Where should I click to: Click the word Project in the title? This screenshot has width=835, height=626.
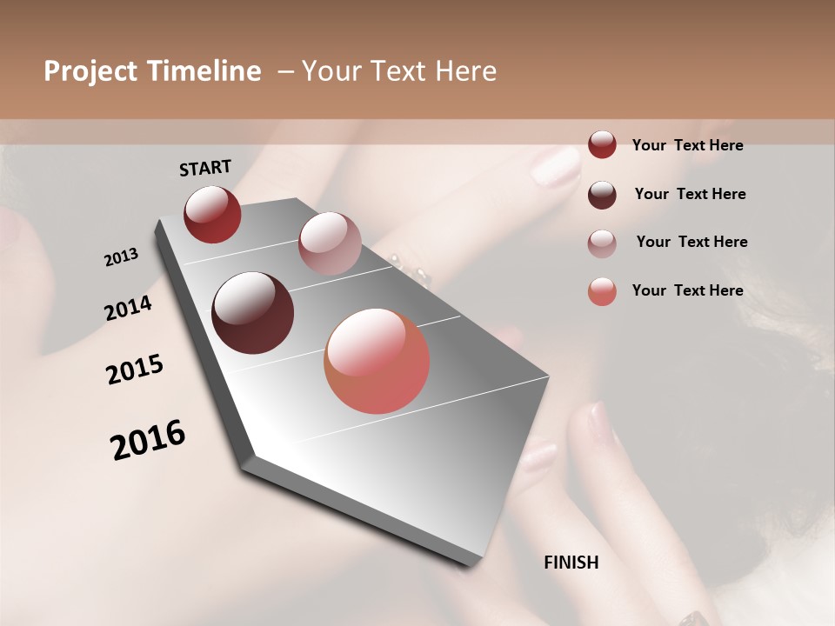tap(90, 72)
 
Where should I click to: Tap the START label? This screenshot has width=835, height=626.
tap(205, 168)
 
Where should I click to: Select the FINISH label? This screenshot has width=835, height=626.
tap(571, 563)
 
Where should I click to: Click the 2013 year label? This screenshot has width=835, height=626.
tap(121, 257)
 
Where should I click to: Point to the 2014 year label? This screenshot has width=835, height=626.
tap(128, 308)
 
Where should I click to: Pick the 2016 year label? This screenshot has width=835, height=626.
tap(148, 440)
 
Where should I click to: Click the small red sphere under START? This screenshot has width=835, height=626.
tap(212, 214)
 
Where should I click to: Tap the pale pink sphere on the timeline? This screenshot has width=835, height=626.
tap(330, 243)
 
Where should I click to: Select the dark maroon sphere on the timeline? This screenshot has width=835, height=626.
tap(253, 313)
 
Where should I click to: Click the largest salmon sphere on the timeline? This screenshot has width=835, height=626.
tap(377, 361)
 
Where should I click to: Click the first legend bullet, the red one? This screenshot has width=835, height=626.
tap(602, 144)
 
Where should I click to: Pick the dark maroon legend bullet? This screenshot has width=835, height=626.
tap(602, 194)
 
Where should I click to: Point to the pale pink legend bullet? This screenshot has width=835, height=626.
tap(602, 243)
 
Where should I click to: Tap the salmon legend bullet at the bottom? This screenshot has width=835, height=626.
tap(602, 291)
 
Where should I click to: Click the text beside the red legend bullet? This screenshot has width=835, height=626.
tap(687, 145)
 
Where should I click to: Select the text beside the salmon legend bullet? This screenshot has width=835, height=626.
tap(687, 290)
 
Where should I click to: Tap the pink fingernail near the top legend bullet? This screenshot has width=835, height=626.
tap(554, 167)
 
